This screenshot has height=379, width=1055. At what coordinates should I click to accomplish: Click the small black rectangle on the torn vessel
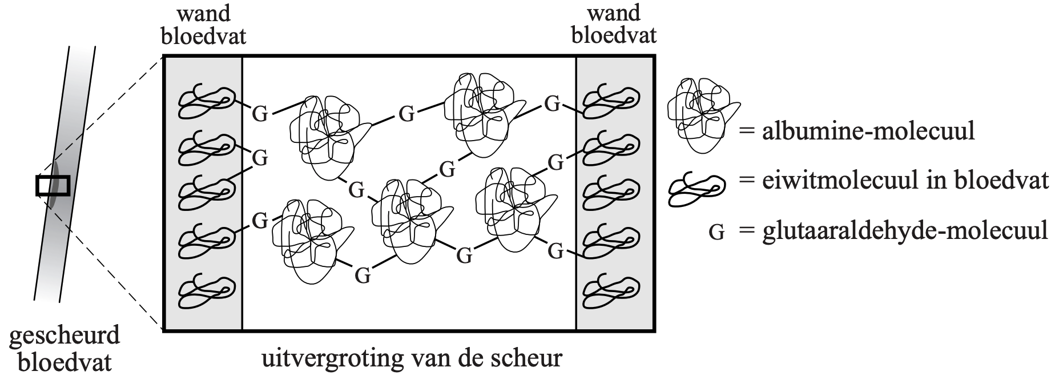click(53, 186)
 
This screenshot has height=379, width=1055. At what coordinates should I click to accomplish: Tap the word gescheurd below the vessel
click(65, 335)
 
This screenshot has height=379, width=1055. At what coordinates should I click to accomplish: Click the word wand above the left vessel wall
click(204, 13)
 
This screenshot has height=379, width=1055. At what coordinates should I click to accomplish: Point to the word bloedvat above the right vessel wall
click(614, 35)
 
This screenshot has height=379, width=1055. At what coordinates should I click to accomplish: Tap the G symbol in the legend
click(716, 233)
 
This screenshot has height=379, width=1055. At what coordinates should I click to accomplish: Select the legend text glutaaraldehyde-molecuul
click(905, 232)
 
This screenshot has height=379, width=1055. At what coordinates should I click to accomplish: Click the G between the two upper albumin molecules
click(406, 114)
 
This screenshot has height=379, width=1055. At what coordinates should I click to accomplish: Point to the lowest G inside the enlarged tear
click(363, 276)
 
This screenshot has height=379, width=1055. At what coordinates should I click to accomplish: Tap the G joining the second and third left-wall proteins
click(260, 157)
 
